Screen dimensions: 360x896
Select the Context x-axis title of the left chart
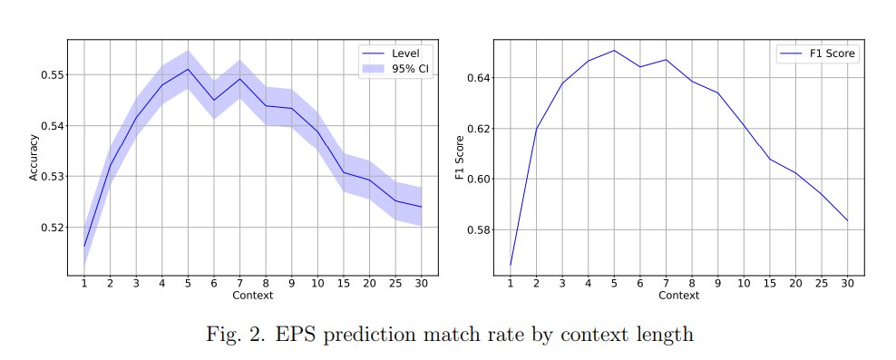pyautogui.click(x=252, y=296)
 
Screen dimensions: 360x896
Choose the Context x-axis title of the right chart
pyautogui.click(x=678, y=296)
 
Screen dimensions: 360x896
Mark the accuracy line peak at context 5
pyautogui.click(x=188, y=69)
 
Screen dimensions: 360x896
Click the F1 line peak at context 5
pyautogui.click(x=614, y=51)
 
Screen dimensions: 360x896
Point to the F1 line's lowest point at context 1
pyautogui.click(x=511, y=265)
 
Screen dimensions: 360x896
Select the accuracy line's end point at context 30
pyautogui.click(x=421, y=207)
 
